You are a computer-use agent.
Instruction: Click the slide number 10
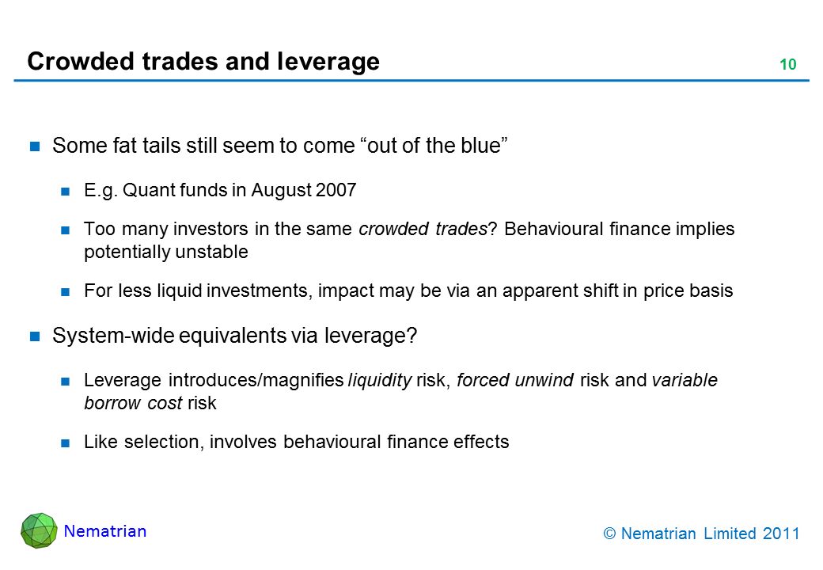(x=788, y=65)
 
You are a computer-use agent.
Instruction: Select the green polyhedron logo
(x=39, y=530)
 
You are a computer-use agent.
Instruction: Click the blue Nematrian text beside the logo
(x=105, y=531)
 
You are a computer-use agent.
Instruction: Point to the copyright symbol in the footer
(x=609, y=534)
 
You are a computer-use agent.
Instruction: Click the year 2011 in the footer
(x=781, y=534)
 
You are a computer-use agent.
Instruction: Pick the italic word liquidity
(x=380, y=381)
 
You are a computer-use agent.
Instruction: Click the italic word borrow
(x=112, y=403)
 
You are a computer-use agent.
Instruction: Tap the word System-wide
(x=113, y=336)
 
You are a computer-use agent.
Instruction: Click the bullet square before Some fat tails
(x=35, y=146)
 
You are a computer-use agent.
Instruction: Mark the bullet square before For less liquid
(x=65, y=292)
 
